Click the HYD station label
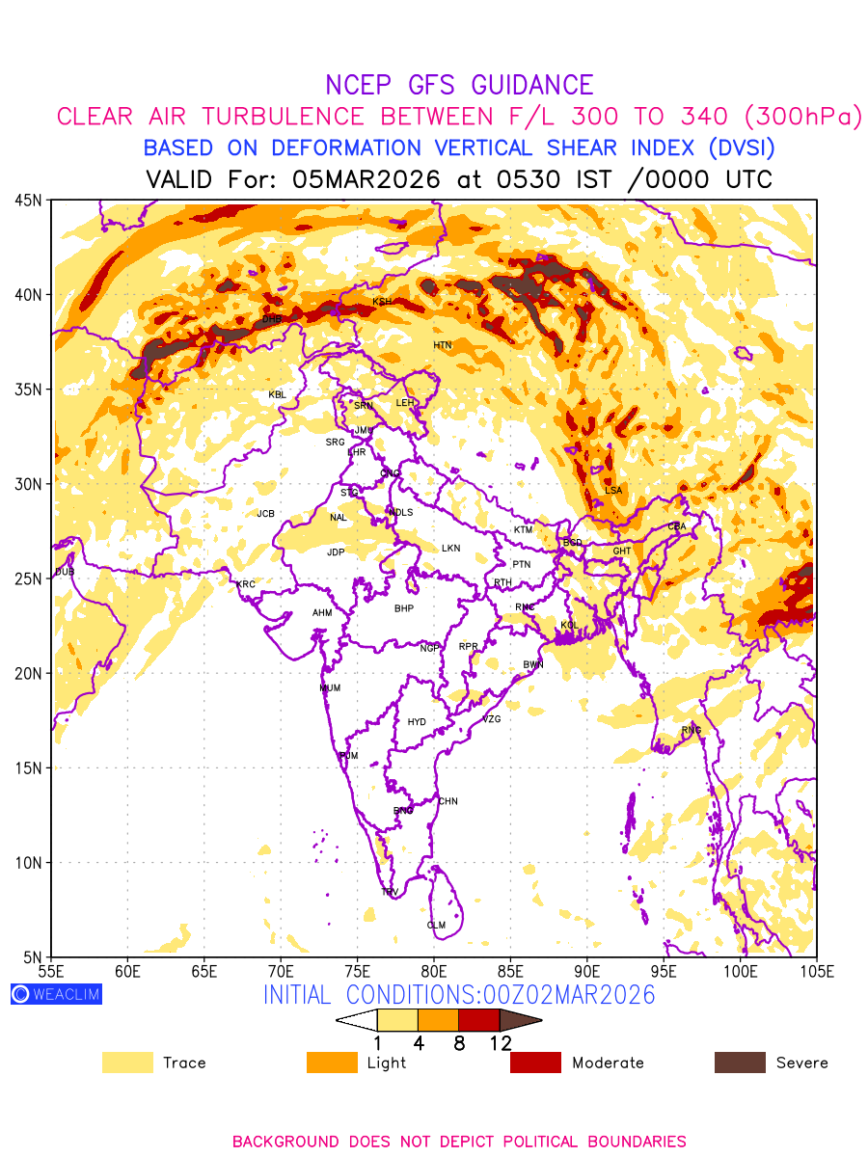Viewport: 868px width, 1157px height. point(417,722)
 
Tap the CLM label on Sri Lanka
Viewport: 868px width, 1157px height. point(436,926)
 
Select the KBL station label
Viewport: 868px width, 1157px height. point(277,395)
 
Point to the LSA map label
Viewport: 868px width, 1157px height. point(613,491)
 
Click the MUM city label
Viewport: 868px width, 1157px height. point(330,688)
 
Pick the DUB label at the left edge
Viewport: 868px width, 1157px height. point(65,572)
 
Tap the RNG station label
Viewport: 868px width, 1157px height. point(692,730)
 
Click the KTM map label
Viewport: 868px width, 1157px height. point(523,530)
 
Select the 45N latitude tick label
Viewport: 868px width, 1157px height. point(28,200)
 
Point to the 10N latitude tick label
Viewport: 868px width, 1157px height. point(28,862)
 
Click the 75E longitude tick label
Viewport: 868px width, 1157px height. point(357,971)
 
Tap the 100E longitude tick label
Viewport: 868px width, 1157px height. point(740,971)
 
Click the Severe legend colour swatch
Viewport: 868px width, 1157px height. point(740,1063)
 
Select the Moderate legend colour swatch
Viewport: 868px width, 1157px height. point(535,1063)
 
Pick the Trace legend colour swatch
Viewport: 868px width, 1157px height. point(127,1063)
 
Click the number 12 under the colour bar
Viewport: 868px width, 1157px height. point(500,1043)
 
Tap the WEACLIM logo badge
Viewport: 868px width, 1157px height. point(56,994)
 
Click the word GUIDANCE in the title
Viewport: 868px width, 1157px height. point(525,85)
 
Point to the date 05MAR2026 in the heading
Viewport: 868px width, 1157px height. point(367,179)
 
